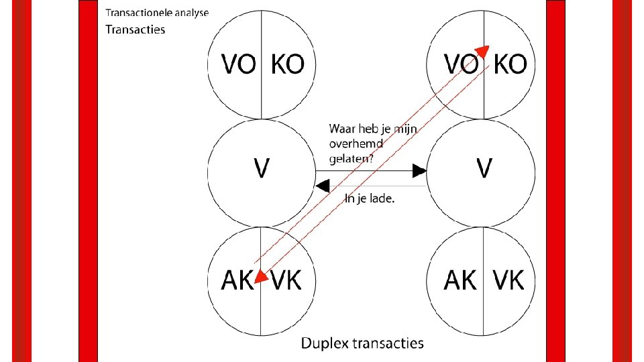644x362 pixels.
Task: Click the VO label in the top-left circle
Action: (x=239, y=64)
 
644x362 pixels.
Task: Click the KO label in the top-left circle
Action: (x=287, y=64)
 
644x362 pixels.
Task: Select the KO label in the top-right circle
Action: (x=510, y=64)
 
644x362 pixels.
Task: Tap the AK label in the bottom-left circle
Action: (x=238, y=280)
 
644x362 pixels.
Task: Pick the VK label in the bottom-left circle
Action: (x=286, y=280)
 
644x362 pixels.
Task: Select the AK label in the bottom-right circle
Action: (x=461, y=280)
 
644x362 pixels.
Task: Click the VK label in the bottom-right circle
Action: (x=509, y=280)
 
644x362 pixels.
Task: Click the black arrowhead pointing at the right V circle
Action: (x=419, y=170)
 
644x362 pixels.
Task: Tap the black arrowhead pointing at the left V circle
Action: (x=323, y=185)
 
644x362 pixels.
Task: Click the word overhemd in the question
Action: (x=356, y=144)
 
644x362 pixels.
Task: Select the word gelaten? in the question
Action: (x=352, y=158)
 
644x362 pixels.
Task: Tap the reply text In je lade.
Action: (x=369, y=198)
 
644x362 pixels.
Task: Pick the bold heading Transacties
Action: (x=136, y=29)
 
